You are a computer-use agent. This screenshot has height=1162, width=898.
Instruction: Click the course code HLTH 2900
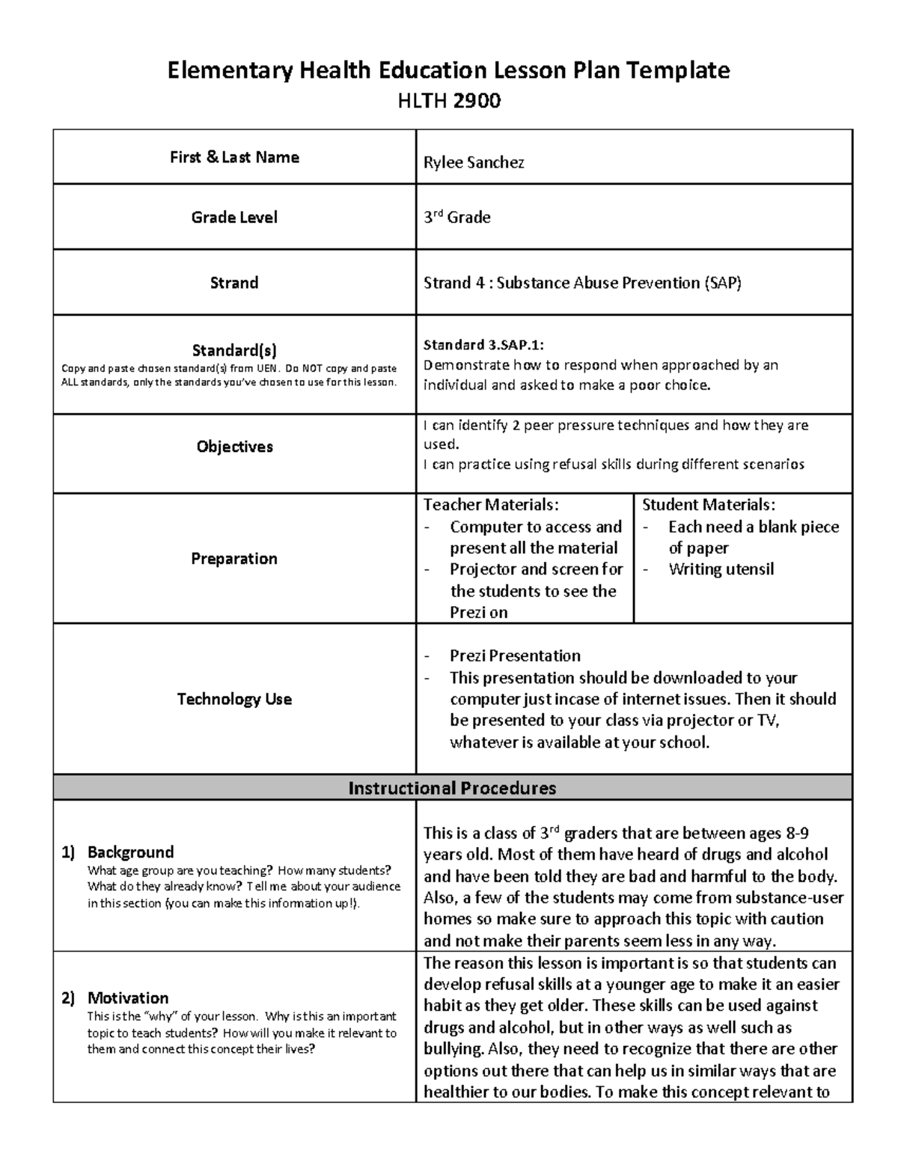448,100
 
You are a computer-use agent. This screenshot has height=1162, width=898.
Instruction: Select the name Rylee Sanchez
474,162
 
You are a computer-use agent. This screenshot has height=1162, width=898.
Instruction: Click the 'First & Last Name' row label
234,157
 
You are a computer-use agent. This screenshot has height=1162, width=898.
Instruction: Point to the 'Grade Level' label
234,217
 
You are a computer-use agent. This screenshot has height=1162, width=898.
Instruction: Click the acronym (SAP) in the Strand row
722,283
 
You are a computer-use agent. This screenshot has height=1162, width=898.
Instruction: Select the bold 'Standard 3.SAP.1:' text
483,345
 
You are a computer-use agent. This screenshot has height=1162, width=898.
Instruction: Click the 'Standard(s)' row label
234,350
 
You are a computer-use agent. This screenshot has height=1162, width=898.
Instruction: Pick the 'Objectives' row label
234,447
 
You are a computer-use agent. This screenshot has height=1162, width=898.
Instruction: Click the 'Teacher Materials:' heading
491,505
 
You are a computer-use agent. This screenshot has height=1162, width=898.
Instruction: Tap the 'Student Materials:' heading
709,505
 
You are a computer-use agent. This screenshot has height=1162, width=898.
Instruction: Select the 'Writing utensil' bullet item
721,569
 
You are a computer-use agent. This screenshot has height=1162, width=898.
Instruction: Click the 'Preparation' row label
234,558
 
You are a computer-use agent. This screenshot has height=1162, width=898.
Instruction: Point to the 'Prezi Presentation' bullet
515,655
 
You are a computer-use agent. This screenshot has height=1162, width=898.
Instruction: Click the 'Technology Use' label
234,699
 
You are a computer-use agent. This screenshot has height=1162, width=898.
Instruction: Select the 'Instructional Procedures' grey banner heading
452,788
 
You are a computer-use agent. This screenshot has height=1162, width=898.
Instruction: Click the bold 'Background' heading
130,851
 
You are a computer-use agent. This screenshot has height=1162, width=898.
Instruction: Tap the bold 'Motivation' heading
128,997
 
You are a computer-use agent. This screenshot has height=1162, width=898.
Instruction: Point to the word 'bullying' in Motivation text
451,1048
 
